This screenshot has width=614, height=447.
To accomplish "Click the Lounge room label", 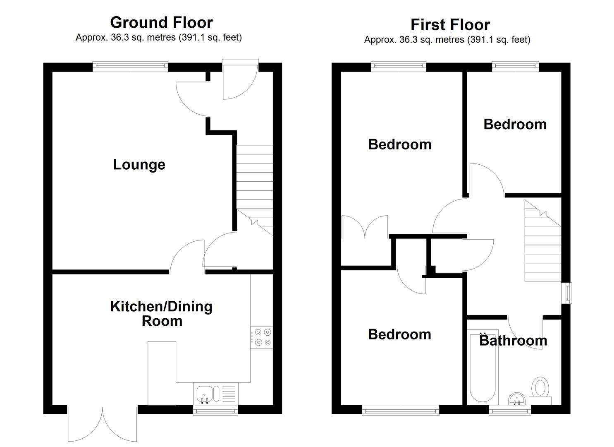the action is (x=139, y=165).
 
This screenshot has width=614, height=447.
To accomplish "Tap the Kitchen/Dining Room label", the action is (x=161, y=314).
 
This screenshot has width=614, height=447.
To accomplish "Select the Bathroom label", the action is (x=513, y=341).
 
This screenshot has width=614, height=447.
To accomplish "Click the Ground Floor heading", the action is (x=161, y=22).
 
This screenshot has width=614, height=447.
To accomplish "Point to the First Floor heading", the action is (x=450, y=25).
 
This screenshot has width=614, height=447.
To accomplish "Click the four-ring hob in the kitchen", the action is (x=261, y=337).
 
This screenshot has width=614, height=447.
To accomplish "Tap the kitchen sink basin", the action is (x=205, y=394).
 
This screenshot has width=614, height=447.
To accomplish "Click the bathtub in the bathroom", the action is (x=483, y=367).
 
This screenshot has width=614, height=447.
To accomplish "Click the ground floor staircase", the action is (x=254, y=190).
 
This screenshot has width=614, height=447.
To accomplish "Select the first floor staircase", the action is (x=543, y=240).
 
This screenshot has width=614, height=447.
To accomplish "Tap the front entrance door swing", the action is (x=240, y=79).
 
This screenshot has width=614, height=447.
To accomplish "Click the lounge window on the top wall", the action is (x=130, y=67).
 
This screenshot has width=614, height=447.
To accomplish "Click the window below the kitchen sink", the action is (x=215, y=411).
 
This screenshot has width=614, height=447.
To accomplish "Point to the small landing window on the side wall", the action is (x=566, y=293).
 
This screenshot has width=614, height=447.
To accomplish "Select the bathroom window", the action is (x=510, y=411).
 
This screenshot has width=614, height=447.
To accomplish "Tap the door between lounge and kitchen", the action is (x=187, y=257).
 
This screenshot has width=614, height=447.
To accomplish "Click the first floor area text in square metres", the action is (x=447, y=40).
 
